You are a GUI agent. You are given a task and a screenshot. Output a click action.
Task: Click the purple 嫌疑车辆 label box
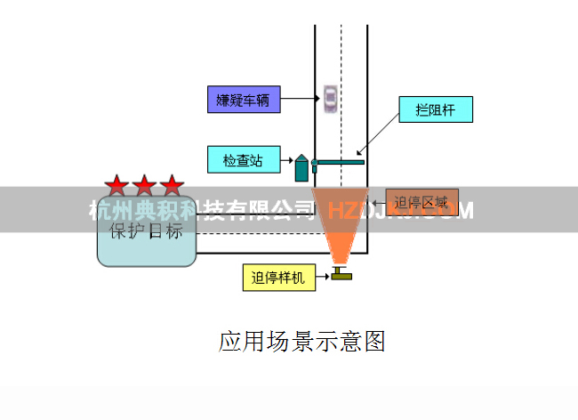click(x=244, y=99)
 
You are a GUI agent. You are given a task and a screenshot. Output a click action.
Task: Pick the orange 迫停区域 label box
click(x=421, y=200)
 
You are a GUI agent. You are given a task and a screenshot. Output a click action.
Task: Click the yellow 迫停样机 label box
click(x=277, y=278)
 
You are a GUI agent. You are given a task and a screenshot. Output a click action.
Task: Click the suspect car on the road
click(x=330, y=97)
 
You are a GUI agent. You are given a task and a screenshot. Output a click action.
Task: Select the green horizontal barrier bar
click(x=339, y=161)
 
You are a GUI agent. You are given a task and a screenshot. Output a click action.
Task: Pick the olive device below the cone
click(x=341, y=275)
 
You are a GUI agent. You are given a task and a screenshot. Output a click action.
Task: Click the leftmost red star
click(x=116, y=186)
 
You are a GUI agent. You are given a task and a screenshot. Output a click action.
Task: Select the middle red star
click(x=144, y=186)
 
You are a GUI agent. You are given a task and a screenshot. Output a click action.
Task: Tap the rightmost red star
click(x=172, y=186)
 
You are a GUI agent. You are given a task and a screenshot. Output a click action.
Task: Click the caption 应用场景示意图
click(x=301, y=341)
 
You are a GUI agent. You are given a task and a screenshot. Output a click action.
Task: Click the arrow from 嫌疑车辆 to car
click(x=300, y=98)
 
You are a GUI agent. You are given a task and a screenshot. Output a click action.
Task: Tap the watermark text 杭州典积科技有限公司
click(x=203, y=210)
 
